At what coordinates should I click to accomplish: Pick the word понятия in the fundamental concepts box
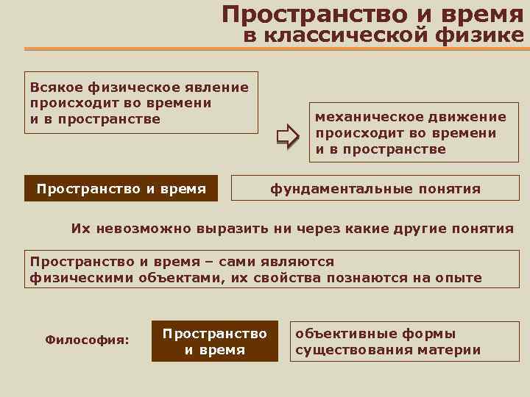(447, 189)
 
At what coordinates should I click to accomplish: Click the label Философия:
(87, 340)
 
